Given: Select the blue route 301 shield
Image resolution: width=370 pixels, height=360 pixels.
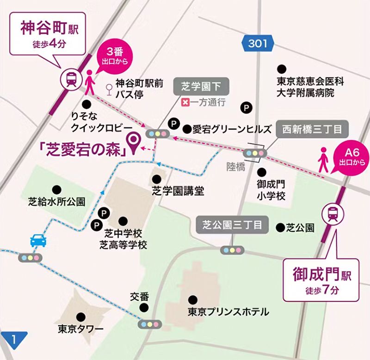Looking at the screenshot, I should coord(258,44).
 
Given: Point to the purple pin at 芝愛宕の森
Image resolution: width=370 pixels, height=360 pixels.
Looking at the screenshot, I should coord(135,143).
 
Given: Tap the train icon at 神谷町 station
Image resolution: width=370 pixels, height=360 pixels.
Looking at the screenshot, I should coord(71,79).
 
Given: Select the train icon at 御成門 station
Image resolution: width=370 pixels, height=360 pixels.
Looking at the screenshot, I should coord(333,213).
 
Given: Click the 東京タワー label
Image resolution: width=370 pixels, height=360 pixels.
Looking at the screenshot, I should coord(80,329).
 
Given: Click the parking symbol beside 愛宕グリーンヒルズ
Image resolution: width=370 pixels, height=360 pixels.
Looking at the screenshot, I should coord(174,123).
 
